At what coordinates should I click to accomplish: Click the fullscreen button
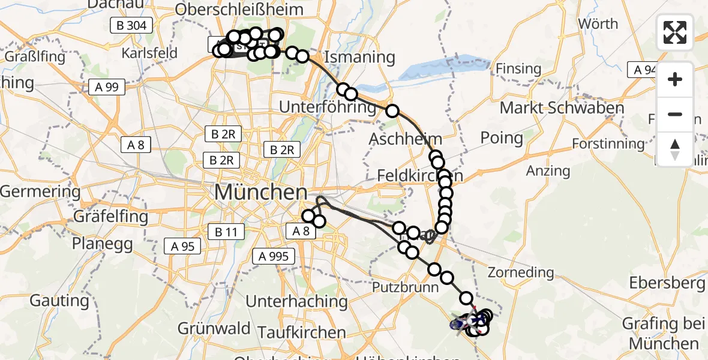675,32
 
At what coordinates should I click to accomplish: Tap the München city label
260,193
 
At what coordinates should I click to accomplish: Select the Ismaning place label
359,58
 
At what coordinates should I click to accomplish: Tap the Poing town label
502,138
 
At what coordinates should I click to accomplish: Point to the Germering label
40,192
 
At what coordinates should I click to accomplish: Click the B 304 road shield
131,25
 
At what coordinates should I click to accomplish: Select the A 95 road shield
182,245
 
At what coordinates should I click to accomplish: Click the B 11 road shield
225,231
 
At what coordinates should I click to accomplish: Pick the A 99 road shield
106,87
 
